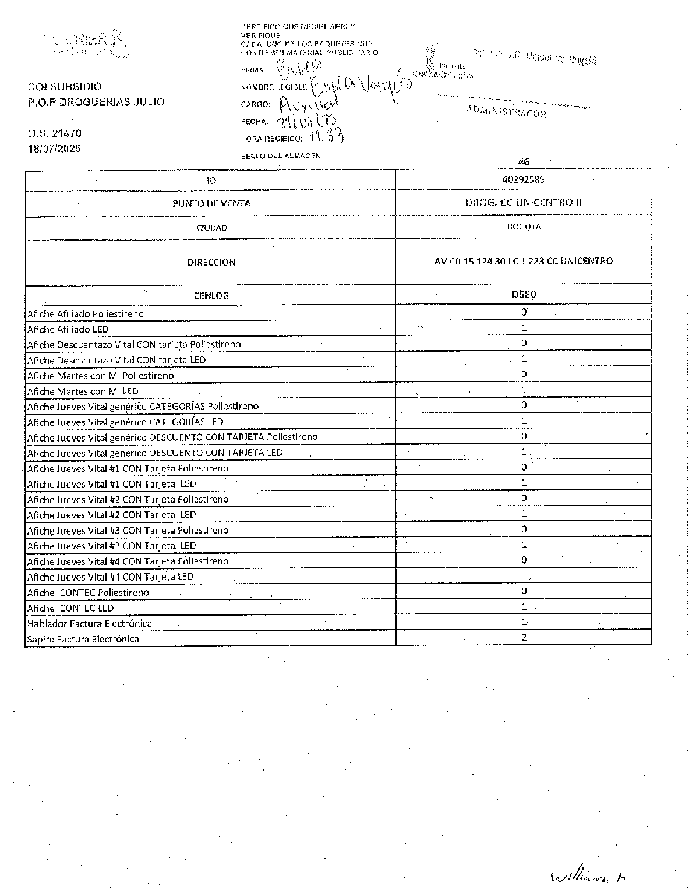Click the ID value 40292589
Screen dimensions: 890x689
pyautogui.click(x=523, y=180)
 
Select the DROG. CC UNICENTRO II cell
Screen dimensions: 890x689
pyautogui.click(x=523, y=203)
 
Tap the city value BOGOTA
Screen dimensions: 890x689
pyautogui.click(x=524, y=227)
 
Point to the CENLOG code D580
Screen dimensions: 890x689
pyautogui.click(x=523, y=295)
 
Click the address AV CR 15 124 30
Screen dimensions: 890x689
pyautogui.click(x=523, y=261)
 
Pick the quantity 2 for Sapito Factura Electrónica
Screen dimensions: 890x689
pyautogui.click(x=524, y=637)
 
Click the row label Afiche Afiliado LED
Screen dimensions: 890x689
pyautogui.click(x=68, y=329)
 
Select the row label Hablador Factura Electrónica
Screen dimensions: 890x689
pyautogui.click(x=90, y=624)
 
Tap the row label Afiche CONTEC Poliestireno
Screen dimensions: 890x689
pyautogui.click(x=88, y=592)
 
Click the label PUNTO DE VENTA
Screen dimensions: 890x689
pyautogui.click(x=211, y=203)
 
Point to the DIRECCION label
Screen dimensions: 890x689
pyautogui.click(x=211, y=262)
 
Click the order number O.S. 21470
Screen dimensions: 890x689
pyautogui.click(x=55, y=133)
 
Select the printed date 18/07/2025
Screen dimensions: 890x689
pyautogui.click(x=55, y=149)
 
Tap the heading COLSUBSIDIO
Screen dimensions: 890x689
pyautogui.click(x=65, y=87)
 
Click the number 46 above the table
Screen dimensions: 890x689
pyautogui.click(x=524, y=161)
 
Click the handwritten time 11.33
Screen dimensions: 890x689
pyautogui.click(x=326, y=137)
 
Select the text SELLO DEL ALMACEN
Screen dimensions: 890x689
pyautogui.click(x=281, y=156)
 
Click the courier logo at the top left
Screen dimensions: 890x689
pyautogui.click(x=87, y=44)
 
